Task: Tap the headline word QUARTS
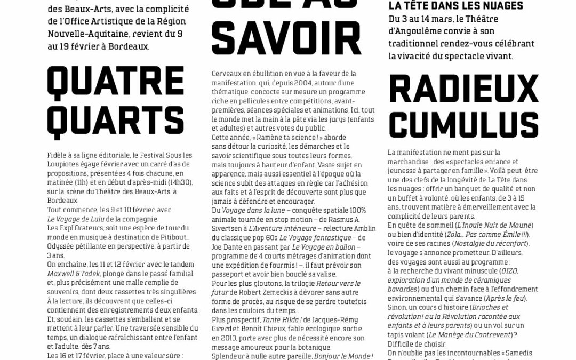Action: tap(115, 121)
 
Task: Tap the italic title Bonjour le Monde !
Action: tap(343, 356)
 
